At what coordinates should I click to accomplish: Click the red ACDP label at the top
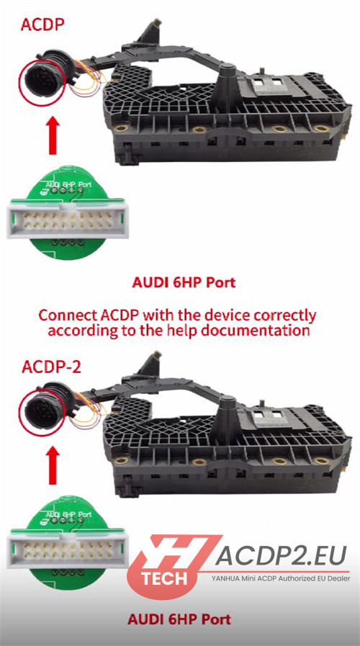point(42,24)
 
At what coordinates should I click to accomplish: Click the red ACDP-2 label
point(51,367)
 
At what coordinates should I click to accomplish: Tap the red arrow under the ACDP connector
point(53,135)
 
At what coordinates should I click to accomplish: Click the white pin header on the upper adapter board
point(68,219)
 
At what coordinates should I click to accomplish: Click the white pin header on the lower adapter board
point(68,549)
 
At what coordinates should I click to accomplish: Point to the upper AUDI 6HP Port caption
point(184,282)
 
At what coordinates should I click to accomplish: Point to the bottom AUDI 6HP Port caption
point(179,619)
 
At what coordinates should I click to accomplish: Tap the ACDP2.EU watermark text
point(281,556)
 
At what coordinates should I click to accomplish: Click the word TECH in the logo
point(164,578)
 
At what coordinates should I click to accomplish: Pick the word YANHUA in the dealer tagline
point(225,579)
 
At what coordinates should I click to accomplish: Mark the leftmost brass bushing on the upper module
point(121,128)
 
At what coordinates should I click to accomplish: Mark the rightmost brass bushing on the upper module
point(322,128)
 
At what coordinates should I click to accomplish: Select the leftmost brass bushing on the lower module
point(121,459)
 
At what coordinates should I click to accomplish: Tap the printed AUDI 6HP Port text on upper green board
point(69,184)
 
